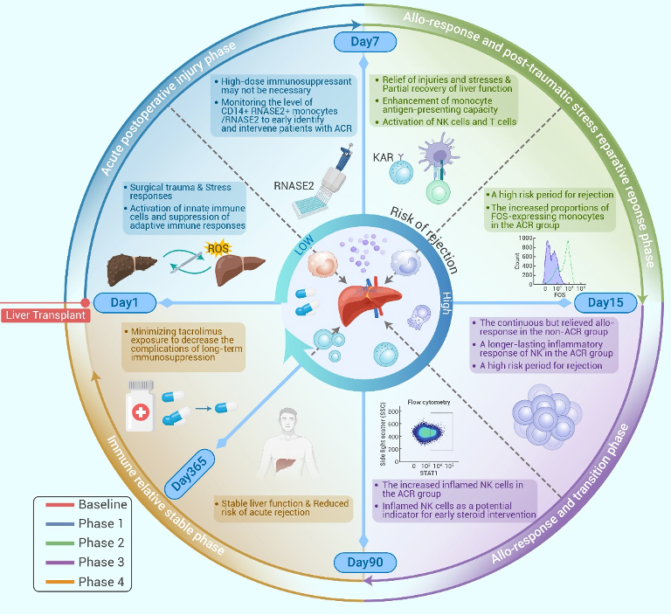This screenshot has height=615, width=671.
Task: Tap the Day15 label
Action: pyautogui.click(x=604, y=302)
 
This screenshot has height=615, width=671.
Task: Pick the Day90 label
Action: pyautogui.click(x=363, y=561)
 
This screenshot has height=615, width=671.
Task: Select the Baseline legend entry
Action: pyautogui.click(x=102, y=505)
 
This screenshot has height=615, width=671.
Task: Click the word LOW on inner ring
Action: pyautogui.click(x=302, y=248)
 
